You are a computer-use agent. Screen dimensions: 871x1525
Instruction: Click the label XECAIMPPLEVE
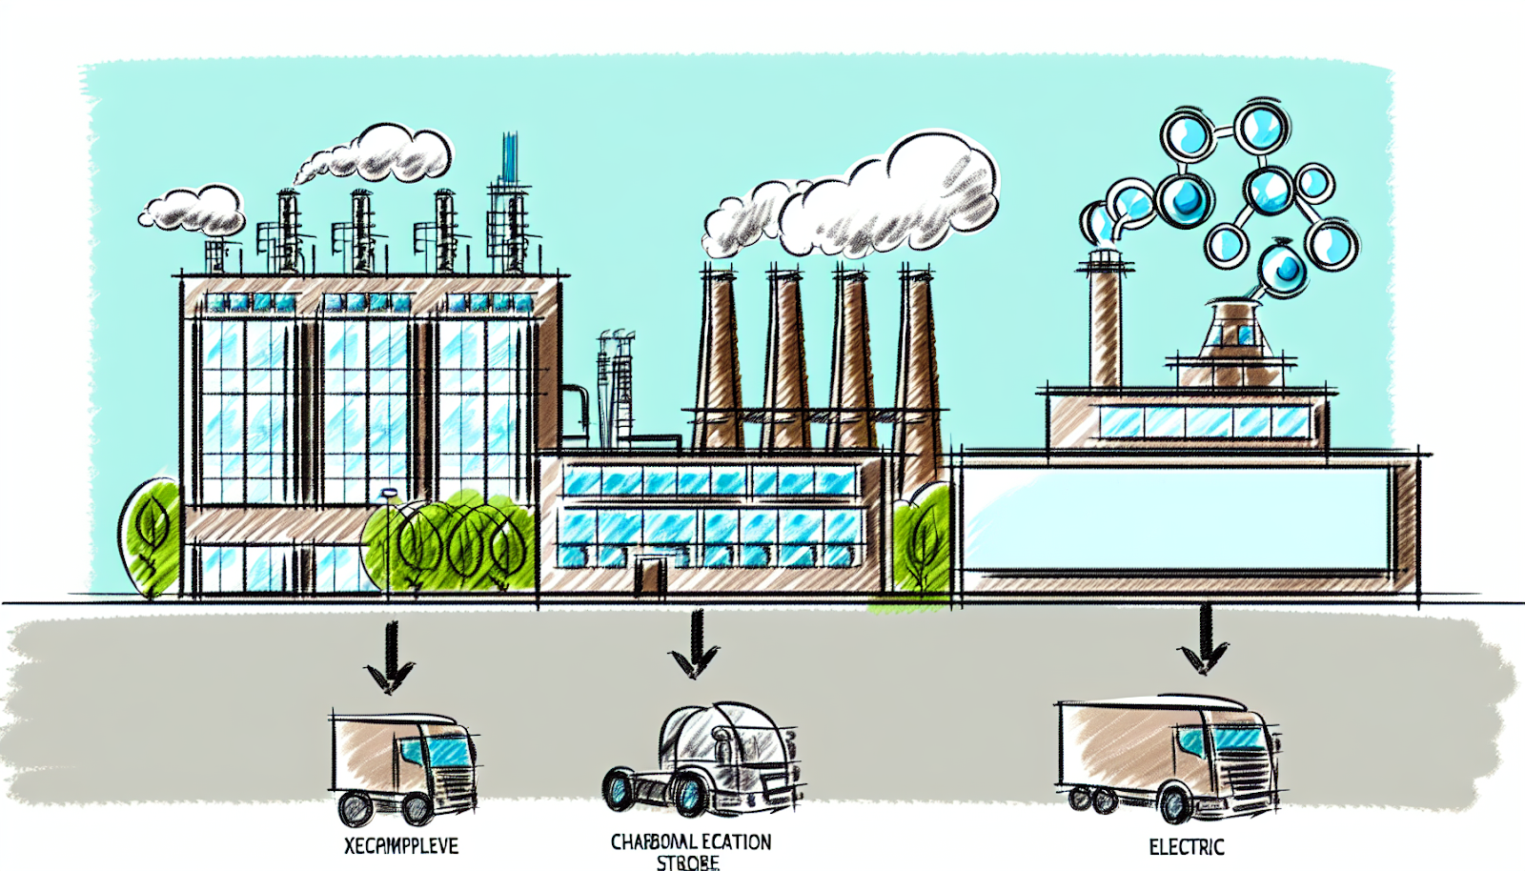(400, 845)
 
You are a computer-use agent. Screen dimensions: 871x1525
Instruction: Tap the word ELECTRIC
(1186, 846)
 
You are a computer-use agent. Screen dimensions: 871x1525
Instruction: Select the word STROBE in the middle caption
(687, 862)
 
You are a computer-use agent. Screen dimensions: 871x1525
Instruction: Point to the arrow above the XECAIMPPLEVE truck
(390, 658)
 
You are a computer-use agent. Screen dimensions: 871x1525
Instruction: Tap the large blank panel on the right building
(1177, 519)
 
